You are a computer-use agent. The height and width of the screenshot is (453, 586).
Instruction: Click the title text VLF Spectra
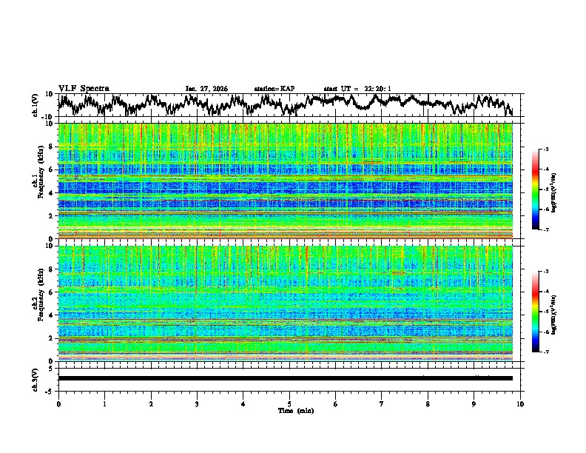point(84,88)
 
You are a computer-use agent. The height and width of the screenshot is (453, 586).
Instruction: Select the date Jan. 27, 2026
point(206,89)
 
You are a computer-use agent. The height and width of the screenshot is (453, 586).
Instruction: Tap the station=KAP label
point(274,89)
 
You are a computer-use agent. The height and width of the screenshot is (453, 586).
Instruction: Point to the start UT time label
point(357,89)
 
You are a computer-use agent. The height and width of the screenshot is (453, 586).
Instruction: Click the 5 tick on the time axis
point(289,403)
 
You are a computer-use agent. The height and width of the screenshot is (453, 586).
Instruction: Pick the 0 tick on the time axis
point(58,403)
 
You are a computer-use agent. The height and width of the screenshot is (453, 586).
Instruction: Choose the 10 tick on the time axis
point(520,403)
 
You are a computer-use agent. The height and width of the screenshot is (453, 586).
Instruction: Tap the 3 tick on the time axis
point(197,403)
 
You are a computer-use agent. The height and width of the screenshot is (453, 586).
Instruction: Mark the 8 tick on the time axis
point(428,403)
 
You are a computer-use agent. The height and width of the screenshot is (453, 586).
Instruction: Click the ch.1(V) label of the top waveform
point(36,105)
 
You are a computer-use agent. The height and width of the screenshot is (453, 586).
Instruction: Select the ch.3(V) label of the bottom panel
point(36,378)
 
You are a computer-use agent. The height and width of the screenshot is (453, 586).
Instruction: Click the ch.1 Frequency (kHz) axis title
point(38,181)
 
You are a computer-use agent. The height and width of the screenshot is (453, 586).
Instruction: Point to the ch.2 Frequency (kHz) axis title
point(38,303)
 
